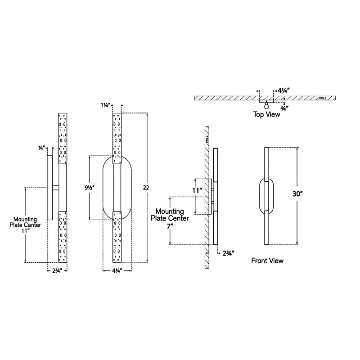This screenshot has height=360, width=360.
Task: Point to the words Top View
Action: [266, 115]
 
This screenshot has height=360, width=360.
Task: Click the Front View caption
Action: [267, 261]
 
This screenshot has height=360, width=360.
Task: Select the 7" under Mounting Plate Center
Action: [170, 227]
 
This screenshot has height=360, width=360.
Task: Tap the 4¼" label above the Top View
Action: [283, 90]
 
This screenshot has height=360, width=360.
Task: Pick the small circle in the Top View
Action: [267, 107]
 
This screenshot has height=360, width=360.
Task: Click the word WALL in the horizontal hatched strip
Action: [322, 98]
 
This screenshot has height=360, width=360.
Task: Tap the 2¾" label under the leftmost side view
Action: [57, 271]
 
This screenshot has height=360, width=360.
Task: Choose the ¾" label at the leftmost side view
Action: [41, 147]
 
